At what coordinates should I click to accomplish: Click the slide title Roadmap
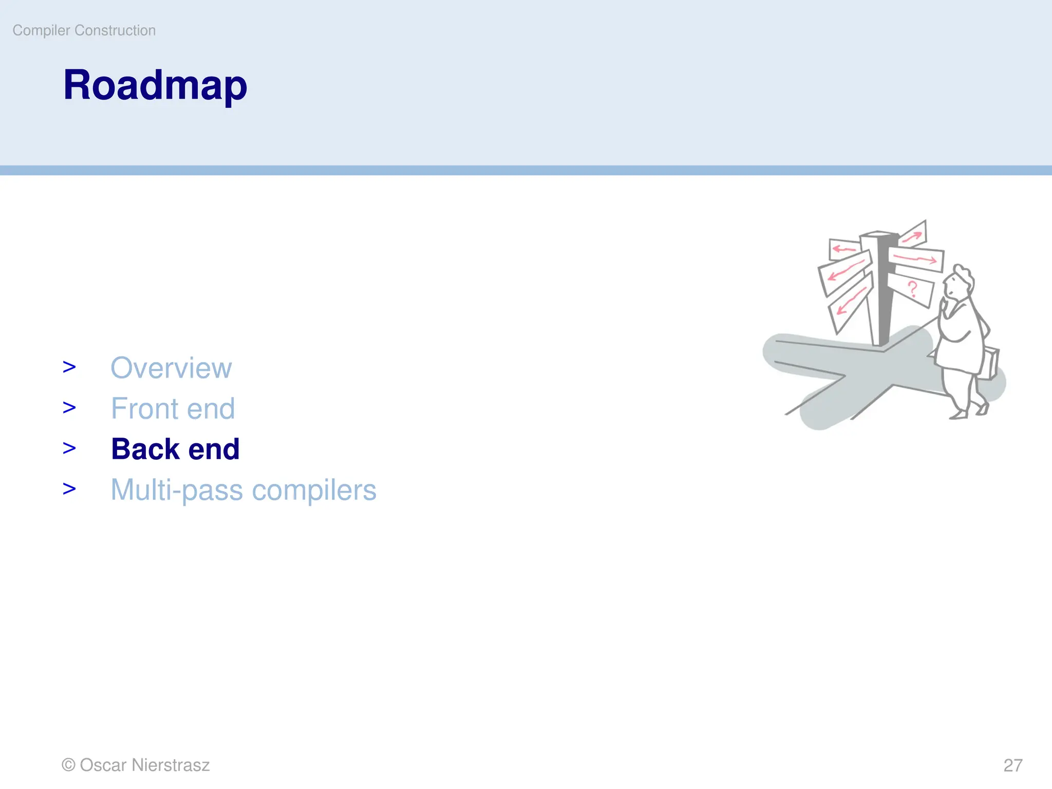(x=155, y=85)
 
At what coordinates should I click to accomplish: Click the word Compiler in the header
(x=41, y=30)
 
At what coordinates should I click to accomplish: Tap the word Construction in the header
(x=115, y=30)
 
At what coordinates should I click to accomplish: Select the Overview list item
(x=171, y=368)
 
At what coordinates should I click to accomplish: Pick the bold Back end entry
(x=175, y=449)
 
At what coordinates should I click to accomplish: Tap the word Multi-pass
(x=177, y=490)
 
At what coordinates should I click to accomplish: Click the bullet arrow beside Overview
(x=69, y=367)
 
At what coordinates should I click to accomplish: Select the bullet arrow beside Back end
(x=69, y=448)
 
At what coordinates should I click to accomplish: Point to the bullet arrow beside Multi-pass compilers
(x=69, y=489)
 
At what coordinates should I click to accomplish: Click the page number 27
(x=1013, y=765)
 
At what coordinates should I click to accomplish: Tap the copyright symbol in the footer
(x=68, y=765)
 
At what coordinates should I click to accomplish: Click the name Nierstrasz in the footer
(x=171, y=765)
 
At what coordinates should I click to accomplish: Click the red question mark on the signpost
(x=913, y=290)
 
